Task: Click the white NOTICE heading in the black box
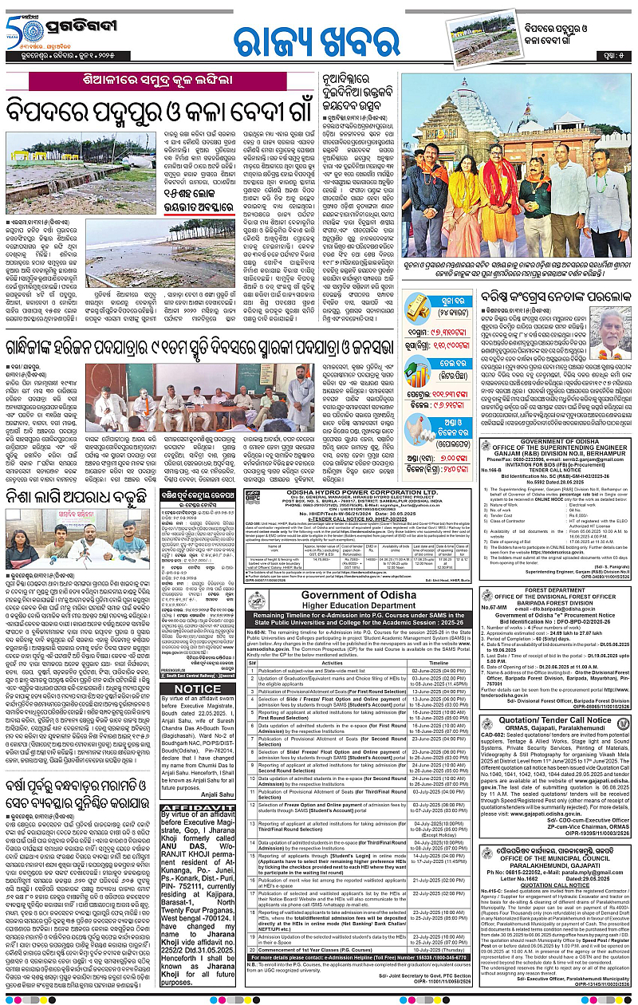[x=196, y=688]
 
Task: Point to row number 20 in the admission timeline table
[x=253, y=950]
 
